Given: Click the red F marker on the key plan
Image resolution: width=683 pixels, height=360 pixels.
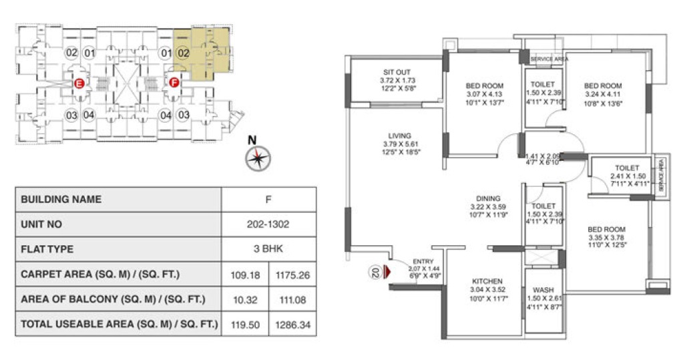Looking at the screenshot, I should [174, 83].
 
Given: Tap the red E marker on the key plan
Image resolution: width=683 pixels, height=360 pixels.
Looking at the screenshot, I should [79, 83].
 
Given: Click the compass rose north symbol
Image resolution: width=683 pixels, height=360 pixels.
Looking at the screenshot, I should [257, 158].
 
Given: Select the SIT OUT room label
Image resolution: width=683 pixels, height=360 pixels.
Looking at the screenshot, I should [397, 72].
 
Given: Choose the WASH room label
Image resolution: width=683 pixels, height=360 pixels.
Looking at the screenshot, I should [543, 290].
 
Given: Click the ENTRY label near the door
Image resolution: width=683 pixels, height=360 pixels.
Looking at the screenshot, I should [423, 262].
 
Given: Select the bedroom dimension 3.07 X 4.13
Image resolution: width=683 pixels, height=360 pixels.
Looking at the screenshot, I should [485, 94].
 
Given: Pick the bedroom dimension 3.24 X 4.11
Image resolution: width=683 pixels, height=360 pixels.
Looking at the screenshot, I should [603, 94].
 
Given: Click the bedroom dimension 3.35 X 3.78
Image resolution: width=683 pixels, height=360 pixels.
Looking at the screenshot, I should [607, 238].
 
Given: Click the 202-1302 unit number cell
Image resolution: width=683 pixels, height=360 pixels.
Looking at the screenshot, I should [268, 224].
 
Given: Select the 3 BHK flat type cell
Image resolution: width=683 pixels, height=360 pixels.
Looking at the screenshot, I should [268, 249].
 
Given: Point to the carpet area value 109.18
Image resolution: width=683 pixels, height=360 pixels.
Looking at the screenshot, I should [244, 275].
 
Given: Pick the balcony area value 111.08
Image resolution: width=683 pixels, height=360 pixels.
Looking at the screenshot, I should [292, 300].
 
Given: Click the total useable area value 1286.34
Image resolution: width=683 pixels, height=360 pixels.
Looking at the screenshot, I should [292, 325].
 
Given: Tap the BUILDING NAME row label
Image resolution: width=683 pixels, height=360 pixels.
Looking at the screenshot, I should [61, 199].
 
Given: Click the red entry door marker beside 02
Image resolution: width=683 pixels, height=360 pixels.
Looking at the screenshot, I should [386, 273].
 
